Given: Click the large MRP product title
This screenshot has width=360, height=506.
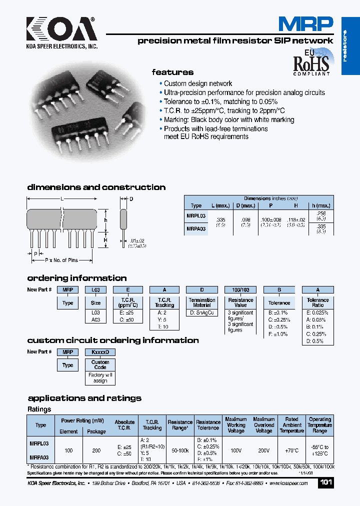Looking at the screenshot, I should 305,24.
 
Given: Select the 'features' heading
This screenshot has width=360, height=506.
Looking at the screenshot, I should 172,72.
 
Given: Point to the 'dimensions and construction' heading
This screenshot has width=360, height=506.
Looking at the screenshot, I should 96,187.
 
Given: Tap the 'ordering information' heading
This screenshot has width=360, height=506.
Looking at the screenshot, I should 76,278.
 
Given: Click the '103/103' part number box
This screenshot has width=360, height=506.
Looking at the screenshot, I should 240,289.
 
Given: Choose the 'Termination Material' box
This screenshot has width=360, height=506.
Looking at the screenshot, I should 202,302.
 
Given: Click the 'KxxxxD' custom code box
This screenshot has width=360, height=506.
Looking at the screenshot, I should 100,352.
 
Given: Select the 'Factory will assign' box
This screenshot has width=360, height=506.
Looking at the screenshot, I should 100,377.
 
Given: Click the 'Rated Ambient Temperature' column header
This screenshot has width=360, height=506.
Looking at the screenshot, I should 292,425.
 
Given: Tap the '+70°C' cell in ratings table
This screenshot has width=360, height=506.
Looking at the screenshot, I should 292,450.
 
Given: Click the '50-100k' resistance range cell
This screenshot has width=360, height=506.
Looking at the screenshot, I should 180,450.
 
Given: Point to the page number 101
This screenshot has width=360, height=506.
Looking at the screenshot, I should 325,483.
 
